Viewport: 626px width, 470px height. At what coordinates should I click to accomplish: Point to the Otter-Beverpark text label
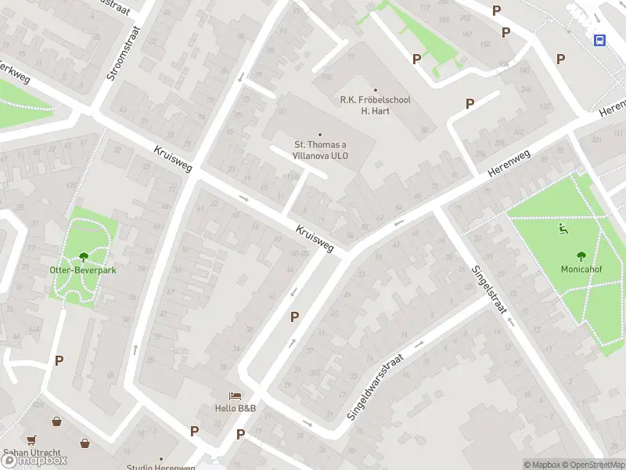84,270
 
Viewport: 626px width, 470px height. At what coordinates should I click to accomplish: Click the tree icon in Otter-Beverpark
84,256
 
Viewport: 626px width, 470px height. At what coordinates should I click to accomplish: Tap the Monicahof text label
581,269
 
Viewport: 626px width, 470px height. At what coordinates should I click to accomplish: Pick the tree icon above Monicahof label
581,255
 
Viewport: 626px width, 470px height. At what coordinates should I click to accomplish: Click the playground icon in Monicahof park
562,229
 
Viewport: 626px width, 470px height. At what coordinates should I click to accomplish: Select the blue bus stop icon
599,40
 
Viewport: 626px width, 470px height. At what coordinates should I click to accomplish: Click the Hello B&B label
236,409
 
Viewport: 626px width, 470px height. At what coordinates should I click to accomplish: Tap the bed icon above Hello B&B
236,396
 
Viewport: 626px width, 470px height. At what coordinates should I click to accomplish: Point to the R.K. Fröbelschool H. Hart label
375,105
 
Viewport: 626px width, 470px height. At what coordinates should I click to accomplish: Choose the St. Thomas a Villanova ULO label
320,150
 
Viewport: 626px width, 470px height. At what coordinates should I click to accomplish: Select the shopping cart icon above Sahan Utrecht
31,440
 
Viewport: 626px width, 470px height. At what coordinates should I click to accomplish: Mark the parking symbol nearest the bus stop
560,59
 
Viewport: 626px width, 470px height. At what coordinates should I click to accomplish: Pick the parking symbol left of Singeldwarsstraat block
295,317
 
